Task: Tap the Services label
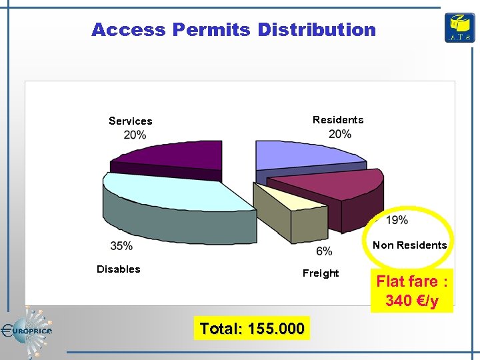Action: [x=131, y=121]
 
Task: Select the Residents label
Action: [x=338, y=120]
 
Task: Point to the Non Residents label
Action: [x=409, y=245]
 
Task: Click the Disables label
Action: [x=119, y=269]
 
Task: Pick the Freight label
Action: [x=321, y=273]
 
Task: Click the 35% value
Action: [x=121, y=246]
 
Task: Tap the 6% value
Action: [x=324, y=251]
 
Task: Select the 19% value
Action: [x=397, y=220]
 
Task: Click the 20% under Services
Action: [x=135, y=135]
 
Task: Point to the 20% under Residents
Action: [x=340, y=134]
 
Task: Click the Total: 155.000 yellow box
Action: [x=252, y=328]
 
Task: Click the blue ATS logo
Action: [x=460, y=28]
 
